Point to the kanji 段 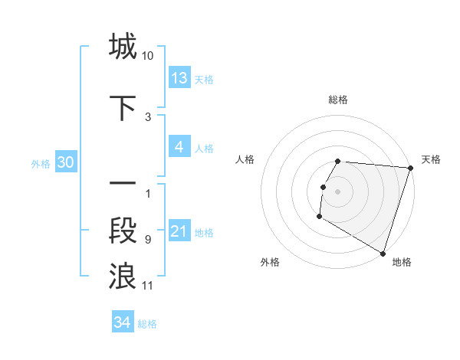(123, 231)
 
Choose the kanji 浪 (123, 277)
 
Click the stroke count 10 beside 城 (148, 56)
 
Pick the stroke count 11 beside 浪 (148, 286)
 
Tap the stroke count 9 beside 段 (148, 240)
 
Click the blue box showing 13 (179, 78)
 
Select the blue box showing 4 (179, 147)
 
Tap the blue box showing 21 (179, 231)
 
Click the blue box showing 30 (65, 163)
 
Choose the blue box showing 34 (123, 323)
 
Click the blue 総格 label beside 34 (147, 324)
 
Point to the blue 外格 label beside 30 (41, 164)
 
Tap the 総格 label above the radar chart (337, 100)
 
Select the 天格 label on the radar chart (431, 159)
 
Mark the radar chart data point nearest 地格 (383, 253)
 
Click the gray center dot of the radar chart (337, 191)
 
